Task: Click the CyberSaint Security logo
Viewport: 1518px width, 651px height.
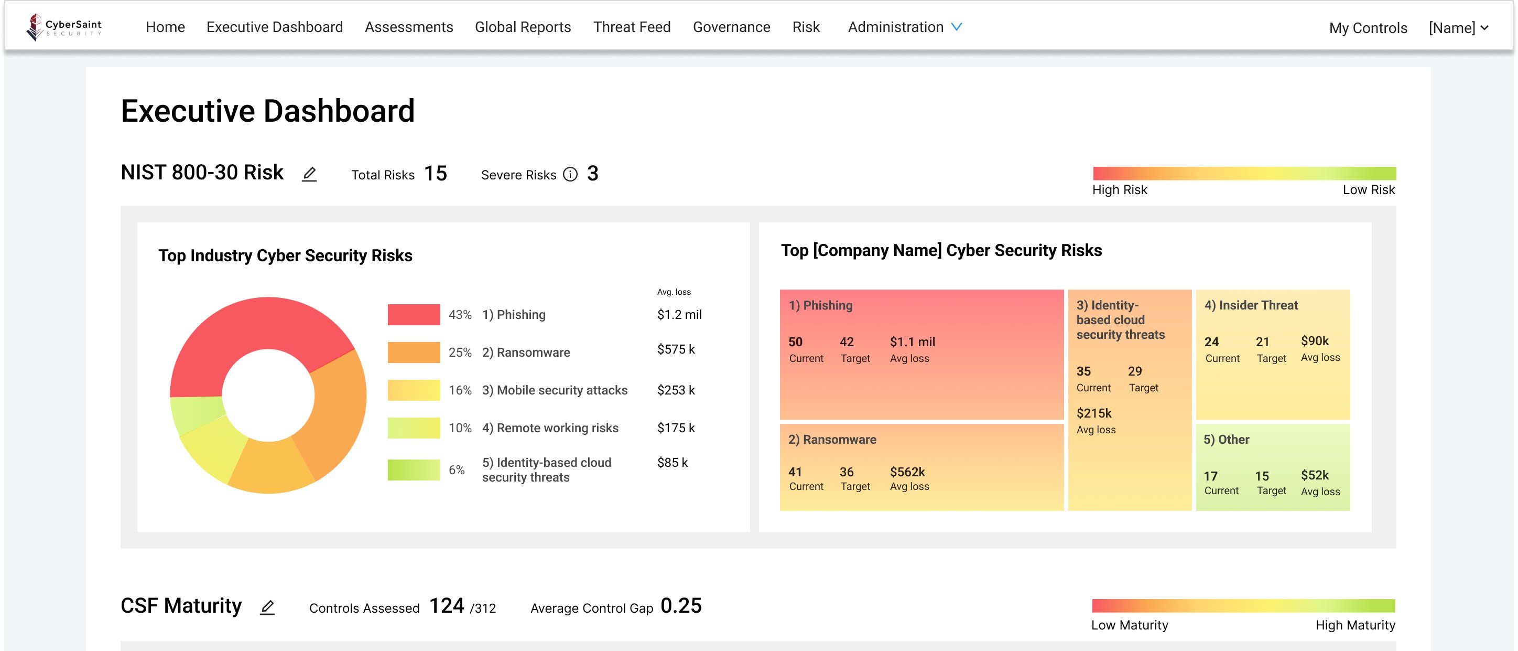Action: click(x=63, y=27)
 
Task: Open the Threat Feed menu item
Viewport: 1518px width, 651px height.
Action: click(x=632, y=27)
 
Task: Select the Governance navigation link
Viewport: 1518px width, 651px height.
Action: click(x=731, y=27)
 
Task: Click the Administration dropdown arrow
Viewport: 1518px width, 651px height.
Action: click(x=957, y=27)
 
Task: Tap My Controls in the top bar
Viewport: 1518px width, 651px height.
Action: click(x=1368, y=28)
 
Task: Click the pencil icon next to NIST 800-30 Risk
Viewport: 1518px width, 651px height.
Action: click(x=309, y=174)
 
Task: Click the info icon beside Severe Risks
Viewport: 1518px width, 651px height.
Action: click(x=570, y=175)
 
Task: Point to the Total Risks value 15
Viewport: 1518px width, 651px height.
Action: click(x=436, y=173)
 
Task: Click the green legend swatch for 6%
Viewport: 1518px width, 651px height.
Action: click(x=414, y=470)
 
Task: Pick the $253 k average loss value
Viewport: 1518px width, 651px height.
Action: click(x=676, y=390)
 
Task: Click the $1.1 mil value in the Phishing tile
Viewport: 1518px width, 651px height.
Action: click(x=912, y=342)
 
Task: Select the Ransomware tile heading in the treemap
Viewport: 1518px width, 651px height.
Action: click(x=832, y=439)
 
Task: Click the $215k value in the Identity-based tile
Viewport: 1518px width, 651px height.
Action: click(x=1094, y=413)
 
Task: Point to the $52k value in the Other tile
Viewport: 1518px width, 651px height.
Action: click(x=1315, y=475)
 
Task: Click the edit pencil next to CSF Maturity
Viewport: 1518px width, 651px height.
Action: click(x=267, y=607)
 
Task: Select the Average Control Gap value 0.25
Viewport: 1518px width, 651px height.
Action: click(x=680, y=605)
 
